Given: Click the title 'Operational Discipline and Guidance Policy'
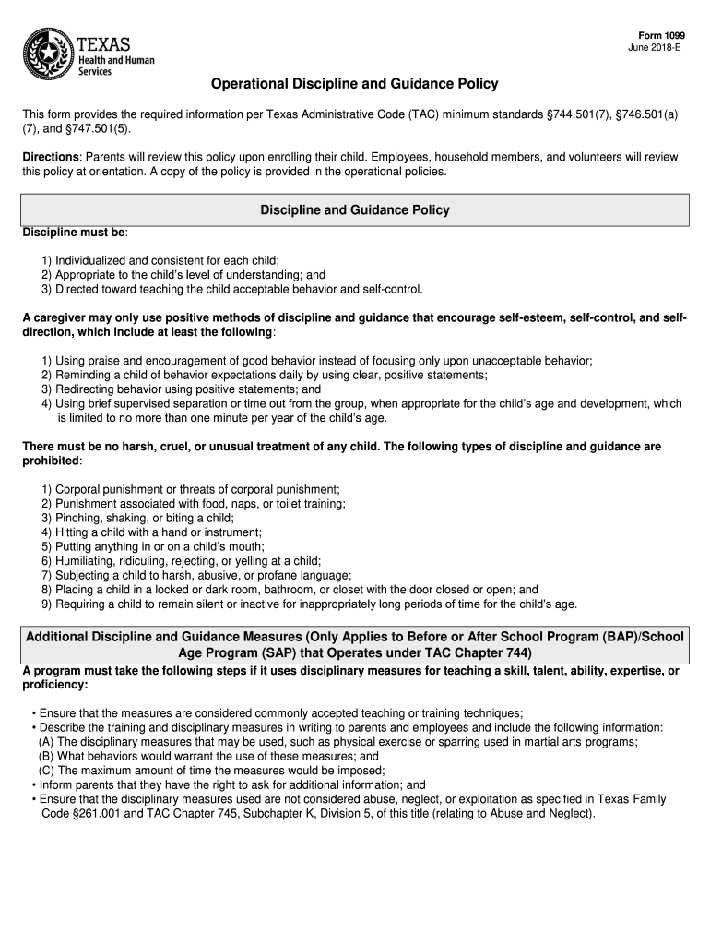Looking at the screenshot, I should click(354, 84).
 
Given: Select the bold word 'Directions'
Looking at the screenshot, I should click(51, 158).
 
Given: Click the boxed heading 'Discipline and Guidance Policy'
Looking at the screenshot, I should click(354, 210).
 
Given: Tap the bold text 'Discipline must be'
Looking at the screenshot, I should click(74, 231).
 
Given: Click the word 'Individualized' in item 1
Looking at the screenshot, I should click(92, 261).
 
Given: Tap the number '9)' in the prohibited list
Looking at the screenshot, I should click(46, 604).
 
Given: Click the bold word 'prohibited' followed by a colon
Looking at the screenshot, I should click(51, 461).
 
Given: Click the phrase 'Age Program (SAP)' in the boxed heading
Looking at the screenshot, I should click(235, 652).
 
